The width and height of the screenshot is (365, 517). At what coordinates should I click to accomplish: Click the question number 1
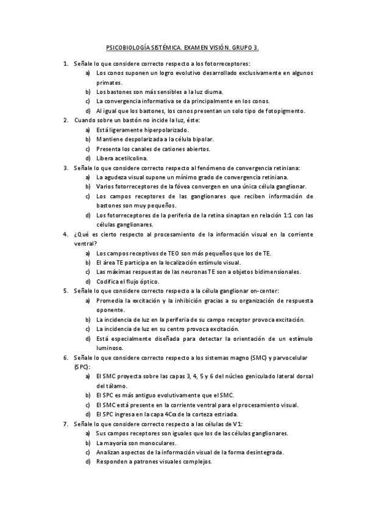(x=65, y=63)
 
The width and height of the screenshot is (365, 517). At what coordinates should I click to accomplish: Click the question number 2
(x=65, y=120)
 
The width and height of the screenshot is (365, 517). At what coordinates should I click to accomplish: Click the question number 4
(x=65, y=234)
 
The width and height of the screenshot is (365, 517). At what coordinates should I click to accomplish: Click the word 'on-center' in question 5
(x=263, y=291)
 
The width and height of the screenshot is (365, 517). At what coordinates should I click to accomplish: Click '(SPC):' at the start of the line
(x=81, y=367)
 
